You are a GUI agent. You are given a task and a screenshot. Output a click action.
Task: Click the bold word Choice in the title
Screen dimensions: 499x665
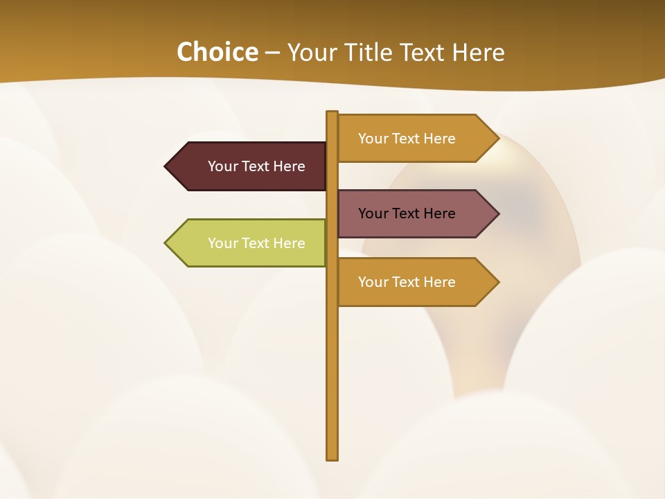coord(217,52)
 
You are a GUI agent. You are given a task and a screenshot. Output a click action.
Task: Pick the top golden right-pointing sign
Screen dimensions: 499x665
coord(412,139)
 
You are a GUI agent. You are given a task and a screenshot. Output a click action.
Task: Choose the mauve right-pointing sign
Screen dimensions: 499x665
coord(412,213)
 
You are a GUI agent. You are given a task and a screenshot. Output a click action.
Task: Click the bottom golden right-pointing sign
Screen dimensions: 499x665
coord(412,282)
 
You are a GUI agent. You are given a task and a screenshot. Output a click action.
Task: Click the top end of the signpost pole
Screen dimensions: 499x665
coord(332,113)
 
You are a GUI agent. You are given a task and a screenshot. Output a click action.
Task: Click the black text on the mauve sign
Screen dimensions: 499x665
coord(407,213)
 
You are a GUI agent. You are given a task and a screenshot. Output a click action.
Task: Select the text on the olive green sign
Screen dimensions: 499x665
coord(256,243)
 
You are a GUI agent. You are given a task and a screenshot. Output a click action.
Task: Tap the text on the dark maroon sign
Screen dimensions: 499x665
coord(256,166)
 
